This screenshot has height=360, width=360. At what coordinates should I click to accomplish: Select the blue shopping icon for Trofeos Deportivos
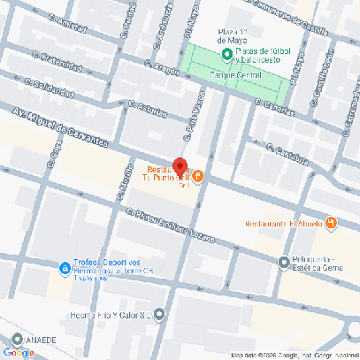click(x=65, y=268)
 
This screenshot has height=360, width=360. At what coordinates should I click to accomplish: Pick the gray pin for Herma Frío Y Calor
click(x=158, y=313)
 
